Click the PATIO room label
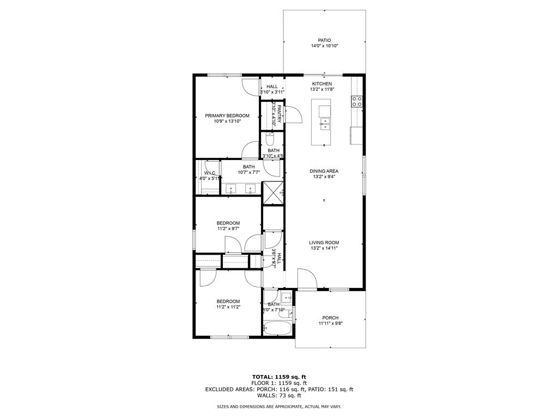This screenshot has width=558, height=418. pyautogui.click(x=324, y=40)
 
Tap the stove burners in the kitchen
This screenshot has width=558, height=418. pyautogui.click(x=357, y=101)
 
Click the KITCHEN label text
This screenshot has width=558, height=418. pyautogui.click(x=322, y=84)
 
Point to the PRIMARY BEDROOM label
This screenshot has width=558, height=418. pyautogui.click(x=227, y=115)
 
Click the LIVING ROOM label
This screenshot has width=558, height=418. pyautogui.click(x=324, y=243)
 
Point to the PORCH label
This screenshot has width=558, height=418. pyautogui.click(x=330, y=318)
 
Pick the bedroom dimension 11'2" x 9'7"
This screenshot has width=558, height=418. pyautogui.click(x=228, y=229)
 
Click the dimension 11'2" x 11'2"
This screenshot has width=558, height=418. pyautogui.click(x=228, y=307)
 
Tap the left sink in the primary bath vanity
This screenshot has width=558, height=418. pyautogui.click(x=231, y=189)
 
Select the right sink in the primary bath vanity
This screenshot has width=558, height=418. pyautogui.click(x=251, y=189)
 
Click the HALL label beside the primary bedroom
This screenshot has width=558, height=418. pyautogui.click(x=272, y=87)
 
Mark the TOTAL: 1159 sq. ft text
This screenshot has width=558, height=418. pyautogui.click(x=278, y=377)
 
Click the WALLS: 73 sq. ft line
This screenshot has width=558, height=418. pyautogui.click(x=278, y=396)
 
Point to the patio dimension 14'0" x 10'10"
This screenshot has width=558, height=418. pyautogui.click(x=324, y=46)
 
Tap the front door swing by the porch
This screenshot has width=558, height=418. pyautogui.click(x=307, y=279)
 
